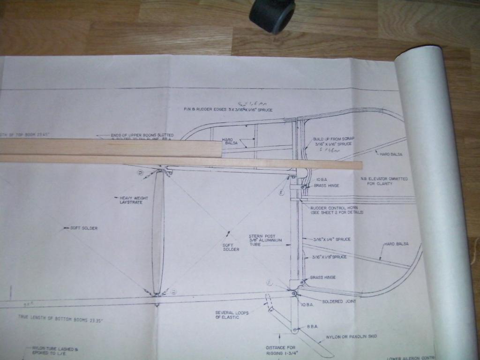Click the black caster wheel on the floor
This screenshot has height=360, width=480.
coord(272,15)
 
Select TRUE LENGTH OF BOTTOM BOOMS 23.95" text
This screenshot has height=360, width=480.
coord(60,317)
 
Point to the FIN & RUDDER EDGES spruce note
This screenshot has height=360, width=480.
coord(228,110)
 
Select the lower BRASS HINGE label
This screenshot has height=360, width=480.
coord(322,277)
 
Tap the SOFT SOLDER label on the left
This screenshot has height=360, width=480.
coord(83,228)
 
